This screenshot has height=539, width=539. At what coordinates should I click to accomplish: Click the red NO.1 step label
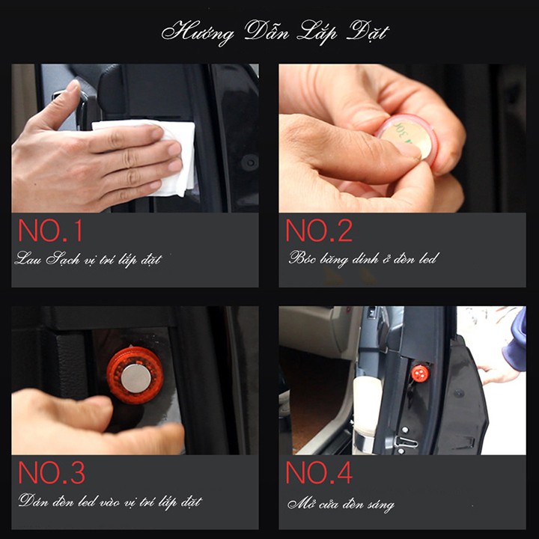tap(50, 231)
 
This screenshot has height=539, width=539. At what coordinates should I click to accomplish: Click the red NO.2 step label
tap(319, 231)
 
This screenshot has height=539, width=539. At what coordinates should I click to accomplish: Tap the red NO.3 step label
tap(52, 472)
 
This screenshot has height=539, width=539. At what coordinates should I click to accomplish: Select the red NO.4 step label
tap(319, 472)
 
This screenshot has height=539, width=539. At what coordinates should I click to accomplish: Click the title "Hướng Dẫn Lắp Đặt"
tap(275, 33)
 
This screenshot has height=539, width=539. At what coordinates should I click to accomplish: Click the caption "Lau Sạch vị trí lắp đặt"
tap(88, 259)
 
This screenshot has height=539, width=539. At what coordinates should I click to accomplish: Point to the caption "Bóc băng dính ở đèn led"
tap(363, 258)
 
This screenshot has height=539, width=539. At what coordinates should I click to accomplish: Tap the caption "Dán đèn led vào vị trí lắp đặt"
tap(110, 502)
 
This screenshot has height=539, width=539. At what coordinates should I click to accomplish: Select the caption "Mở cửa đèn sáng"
tap(341, 505)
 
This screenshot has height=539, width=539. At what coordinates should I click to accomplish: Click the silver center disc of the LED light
tap(135, 379)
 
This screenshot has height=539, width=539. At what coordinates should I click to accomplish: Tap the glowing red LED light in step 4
tap(420, 373)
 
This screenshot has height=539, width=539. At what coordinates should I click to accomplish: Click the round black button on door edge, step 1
tap(249, 162)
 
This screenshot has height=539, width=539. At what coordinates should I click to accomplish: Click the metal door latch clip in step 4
tap(406, 442)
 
